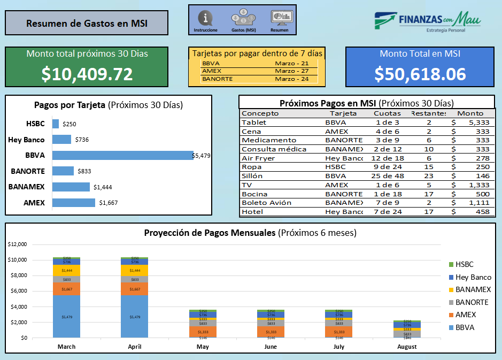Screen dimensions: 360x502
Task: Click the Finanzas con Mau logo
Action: pyautogui.click(x=427, y=22)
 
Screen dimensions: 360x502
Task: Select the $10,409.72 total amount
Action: pyautogui.click(x=87, y=74)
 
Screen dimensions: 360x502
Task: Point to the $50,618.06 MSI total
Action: pyautogui.click(x=420, y=74)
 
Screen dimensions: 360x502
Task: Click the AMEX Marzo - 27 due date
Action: pyautogui.click(x=291, y=71)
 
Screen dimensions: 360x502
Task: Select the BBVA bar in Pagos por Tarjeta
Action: pyautogui.click(x=123, y=155)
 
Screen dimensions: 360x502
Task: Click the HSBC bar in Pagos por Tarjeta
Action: pyautogui.click(x=56, y=124)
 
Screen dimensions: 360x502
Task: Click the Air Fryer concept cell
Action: pyautogui.click(x=256, y=158)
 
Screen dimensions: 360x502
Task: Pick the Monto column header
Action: pyautogui.click(x=470, y=113)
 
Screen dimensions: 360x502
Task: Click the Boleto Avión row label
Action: pyautogui.click(x=266, y=203)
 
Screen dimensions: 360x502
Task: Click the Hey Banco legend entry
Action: pyautogui.click(x=473, y=277)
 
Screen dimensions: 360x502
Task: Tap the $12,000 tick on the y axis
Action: pyautogui.click(x=18, y=244)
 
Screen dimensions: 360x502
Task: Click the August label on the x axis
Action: pyautogui.click(x=406, y=347)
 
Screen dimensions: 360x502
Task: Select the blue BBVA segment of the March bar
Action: pyautogui.click(x=67, y=316)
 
